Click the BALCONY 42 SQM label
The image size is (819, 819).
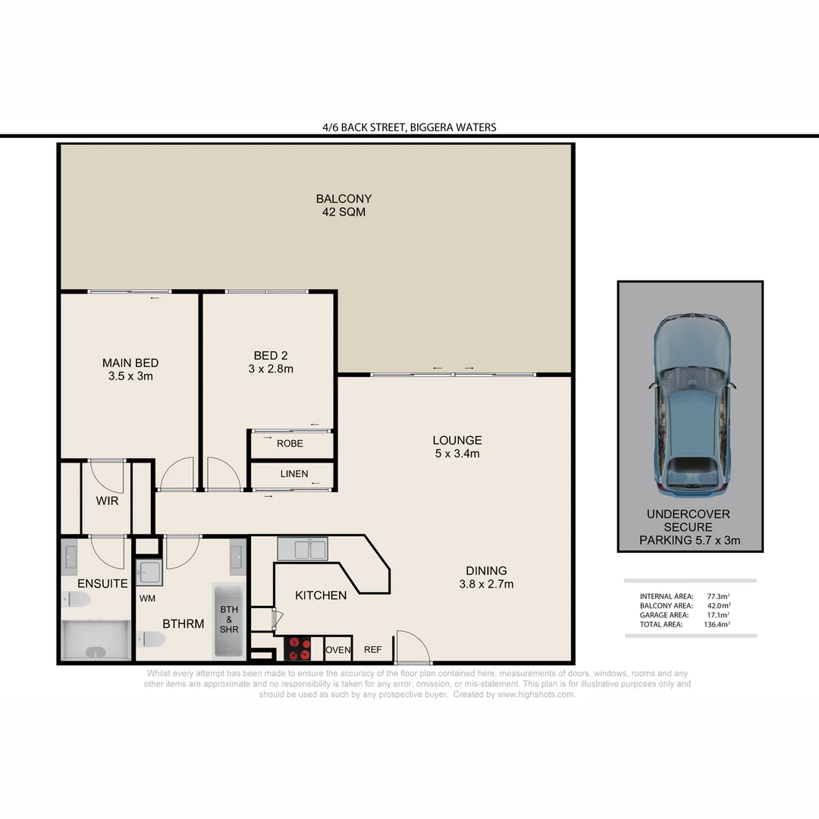tap(344, 206)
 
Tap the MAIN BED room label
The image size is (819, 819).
tap(130, 362)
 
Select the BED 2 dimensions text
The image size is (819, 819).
tap(271, 369)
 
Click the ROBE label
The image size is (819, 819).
tap(290, 444)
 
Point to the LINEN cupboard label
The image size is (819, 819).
tap(294, 474)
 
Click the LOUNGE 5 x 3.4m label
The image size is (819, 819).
tap(457, 447)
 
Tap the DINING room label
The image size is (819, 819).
tap(487, 571)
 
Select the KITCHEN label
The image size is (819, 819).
tap(321, 595)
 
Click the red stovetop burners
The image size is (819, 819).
tap(298, 649)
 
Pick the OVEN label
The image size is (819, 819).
tap(337, 650)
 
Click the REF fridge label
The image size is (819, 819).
tap(372, 650)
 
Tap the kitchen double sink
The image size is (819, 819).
tap(302, 548)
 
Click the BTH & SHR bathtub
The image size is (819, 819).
tap(228, 620)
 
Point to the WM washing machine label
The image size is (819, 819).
tap(148, 598)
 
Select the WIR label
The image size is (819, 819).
tap(107, 501)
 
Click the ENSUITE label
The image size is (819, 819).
tap(102, 584)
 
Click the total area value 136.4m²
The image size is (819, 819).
tap(718, 625)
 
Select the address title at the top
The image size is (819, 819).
tap(409, 127)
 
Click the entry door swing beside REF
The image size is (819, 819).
tap(412, 647)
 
